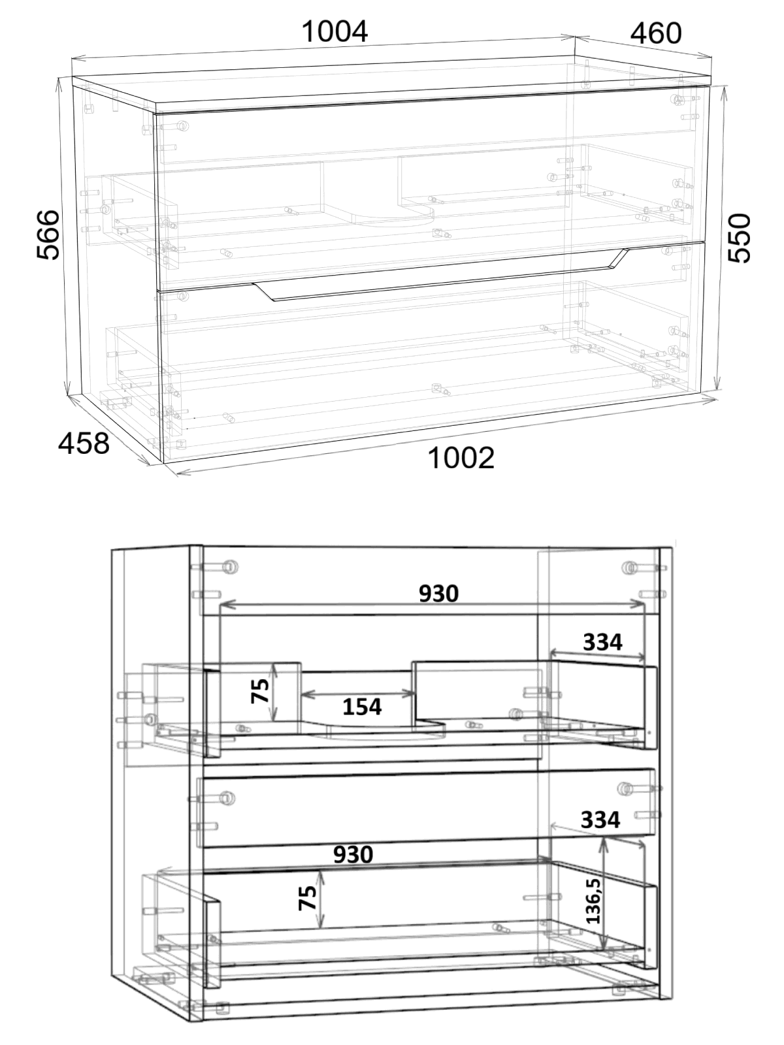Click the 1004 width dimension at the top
point(335,32)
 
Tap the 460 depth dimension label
point(656,33)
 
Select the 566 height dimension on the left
point(48,235)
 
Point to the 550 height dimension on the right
point(740,238)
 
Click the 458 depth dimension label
point(84,443)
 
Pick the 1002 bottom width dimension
point(461,458)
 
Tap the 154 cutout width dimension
point(362,707)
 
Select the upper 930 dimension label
point(439,593)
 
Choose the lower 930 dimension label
point(353,854)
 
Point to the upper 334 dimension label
point(602,642)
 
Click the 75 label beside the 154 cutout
point(260,691)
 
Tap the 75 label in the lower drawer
point(308,898)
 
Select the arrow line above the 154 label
point(358,694)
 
